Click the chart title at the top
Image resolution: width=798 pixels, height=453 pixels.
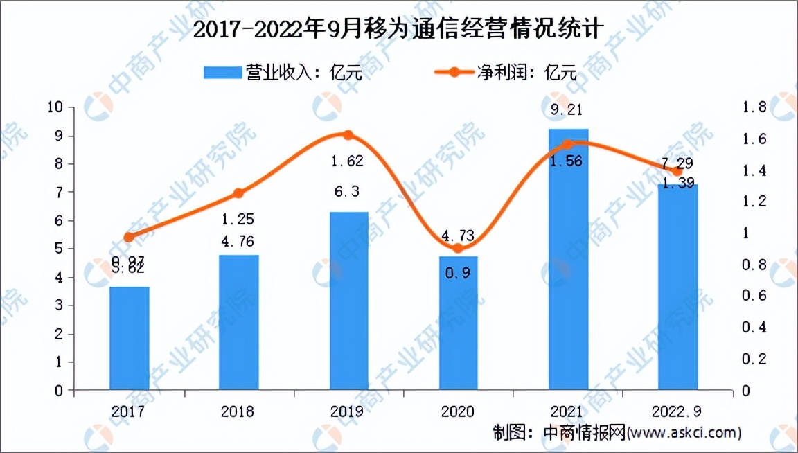398,30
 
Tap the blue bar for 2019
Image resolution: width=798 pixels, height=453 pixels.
348,301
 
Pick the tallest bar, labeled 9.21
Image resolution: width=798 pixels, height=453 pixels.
568,259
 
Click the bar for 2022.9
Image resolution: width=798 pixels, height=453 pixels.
677,287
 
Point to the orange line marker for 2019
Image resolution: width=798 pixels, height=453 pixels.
348,135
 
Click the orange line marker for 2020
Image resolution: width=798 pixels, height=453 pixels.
458,248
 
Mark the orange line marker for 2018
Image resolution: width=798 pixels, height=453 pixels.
239,193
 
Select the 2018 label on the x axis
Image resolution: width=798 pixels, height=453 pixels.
238,411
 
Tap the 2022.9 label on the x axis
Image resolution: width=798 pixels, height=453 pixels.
677,411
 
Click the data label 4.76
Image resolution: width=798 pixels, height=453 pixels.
238,242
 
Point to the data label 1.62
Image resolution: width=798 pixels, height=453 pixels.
348,161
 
